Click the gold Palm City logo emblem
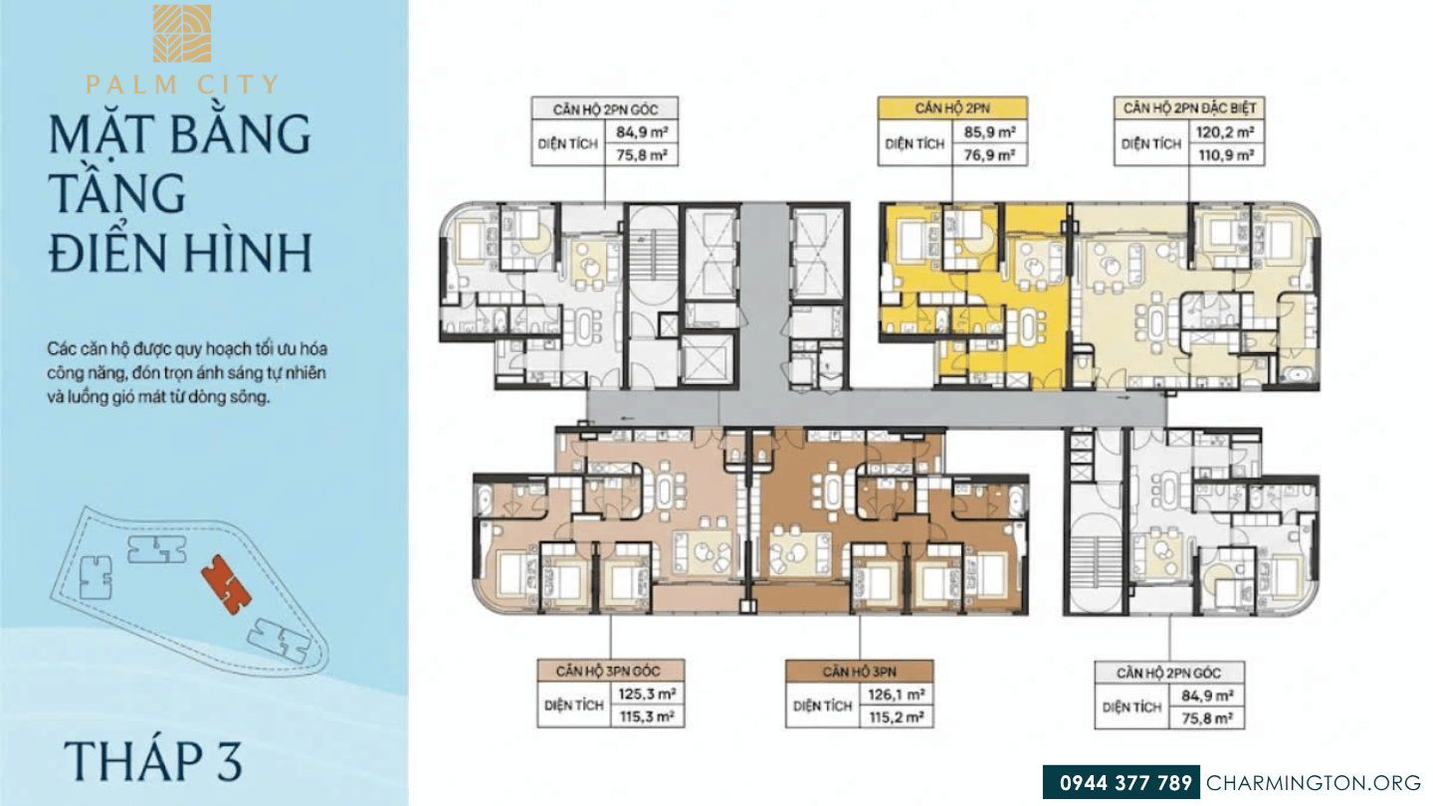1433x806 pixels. pyautogui.click(x=182, y=33)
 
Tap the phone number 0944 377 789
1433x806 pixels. pyautogui.click(x=1126, y=783)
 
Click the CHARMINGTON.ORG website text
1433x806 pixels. pyautogui.click(x=1314, y=783)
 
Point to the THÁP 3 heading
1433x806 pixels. pyautogui.click(x=153, y=760)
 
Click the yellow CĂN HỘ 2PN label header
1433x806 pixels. pyautogui.click(x=952, y=108)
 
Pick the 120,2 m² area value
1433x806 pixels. pyautogui.click(x=1225, y=132)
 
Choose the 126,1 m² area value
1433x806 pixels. pyautogui.click(x=896, y=695)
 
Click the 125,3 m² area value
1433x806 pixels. pyautogui.click(x=647, y=695)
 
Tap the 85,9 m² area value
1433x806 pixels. pyautogui.click(x=989, y=132)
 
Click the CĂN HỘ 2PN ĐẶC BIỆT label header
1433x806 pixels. pyautogui.click(x=1189, y=108)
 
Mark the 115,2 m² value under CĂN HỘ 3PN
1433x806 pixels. pyautogui.click(x=896, y=717)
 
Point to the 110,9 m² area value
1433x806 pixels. pyautogui.click(x=1226, y=155)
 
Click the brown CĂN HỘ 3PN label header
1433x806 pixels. pyautogui.click(x=859, y=672)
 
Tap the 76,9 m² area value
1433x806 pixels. pyautogui.click(x=989, y=155)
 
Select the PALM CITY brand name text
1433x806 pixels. pyautogui.click(x=182, y=85)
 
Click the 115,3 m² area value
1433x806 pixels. pyautogui.click(x=647, y=717)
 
